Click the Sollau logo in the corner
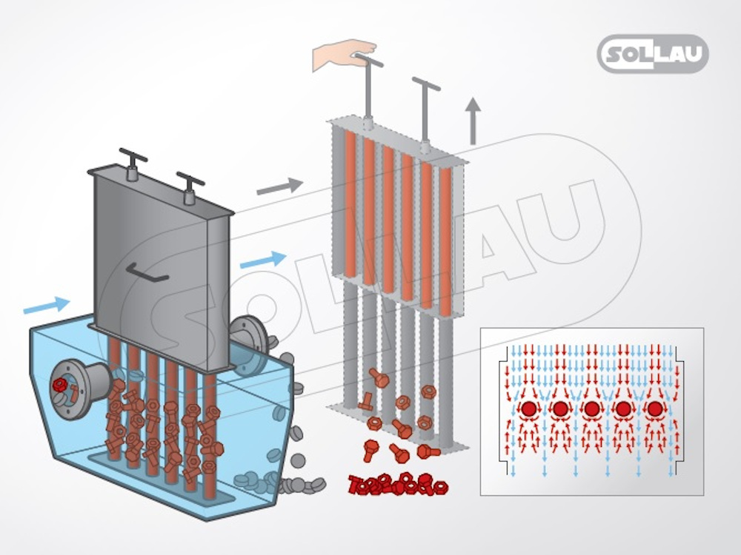pyautogui.click(x=653, y=54)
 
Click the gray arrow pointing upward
pyautogui.click(x=473, y=121)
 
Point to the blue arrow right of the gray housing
pyautogui.click(x=263, y=260)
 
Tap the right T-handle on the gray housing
pyautogui.click(x=190, y=188)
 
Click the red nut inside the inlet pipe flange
pyautogui.click(x=59, y=385)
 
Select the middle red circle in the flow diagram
pyautogui.click(x=591, y=408)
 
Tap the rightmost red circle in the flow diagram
pyautogui.click(x=654, y=408)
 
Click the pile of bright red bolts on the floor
pyautogui.click(x=398, y=484)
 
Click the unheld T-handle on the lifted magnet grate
pyautogui.click(x=426, y=113)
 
